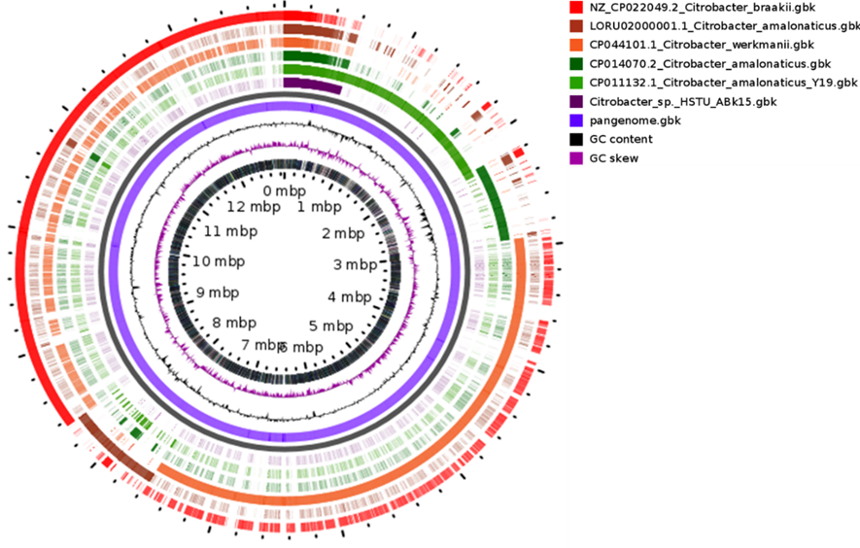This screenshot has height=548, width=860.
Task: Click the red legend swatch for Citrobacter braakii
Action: pos(575,8)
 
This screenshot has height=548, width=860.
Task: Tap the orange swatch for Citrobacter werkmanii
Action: pos(575,45)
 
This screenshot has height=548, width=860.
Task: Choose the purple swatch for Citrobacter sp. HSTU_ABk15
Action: pos(575,101)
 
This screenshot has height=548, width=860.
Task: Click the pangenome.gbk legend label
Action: pos(631,120)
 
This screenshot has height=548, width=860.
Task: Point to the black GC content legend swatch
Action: pos(575,139)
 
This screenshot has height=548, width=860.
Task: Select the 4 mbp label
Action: pos(349,296)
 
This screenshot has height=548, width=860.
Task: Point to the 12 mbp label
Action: pos(248,207)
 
